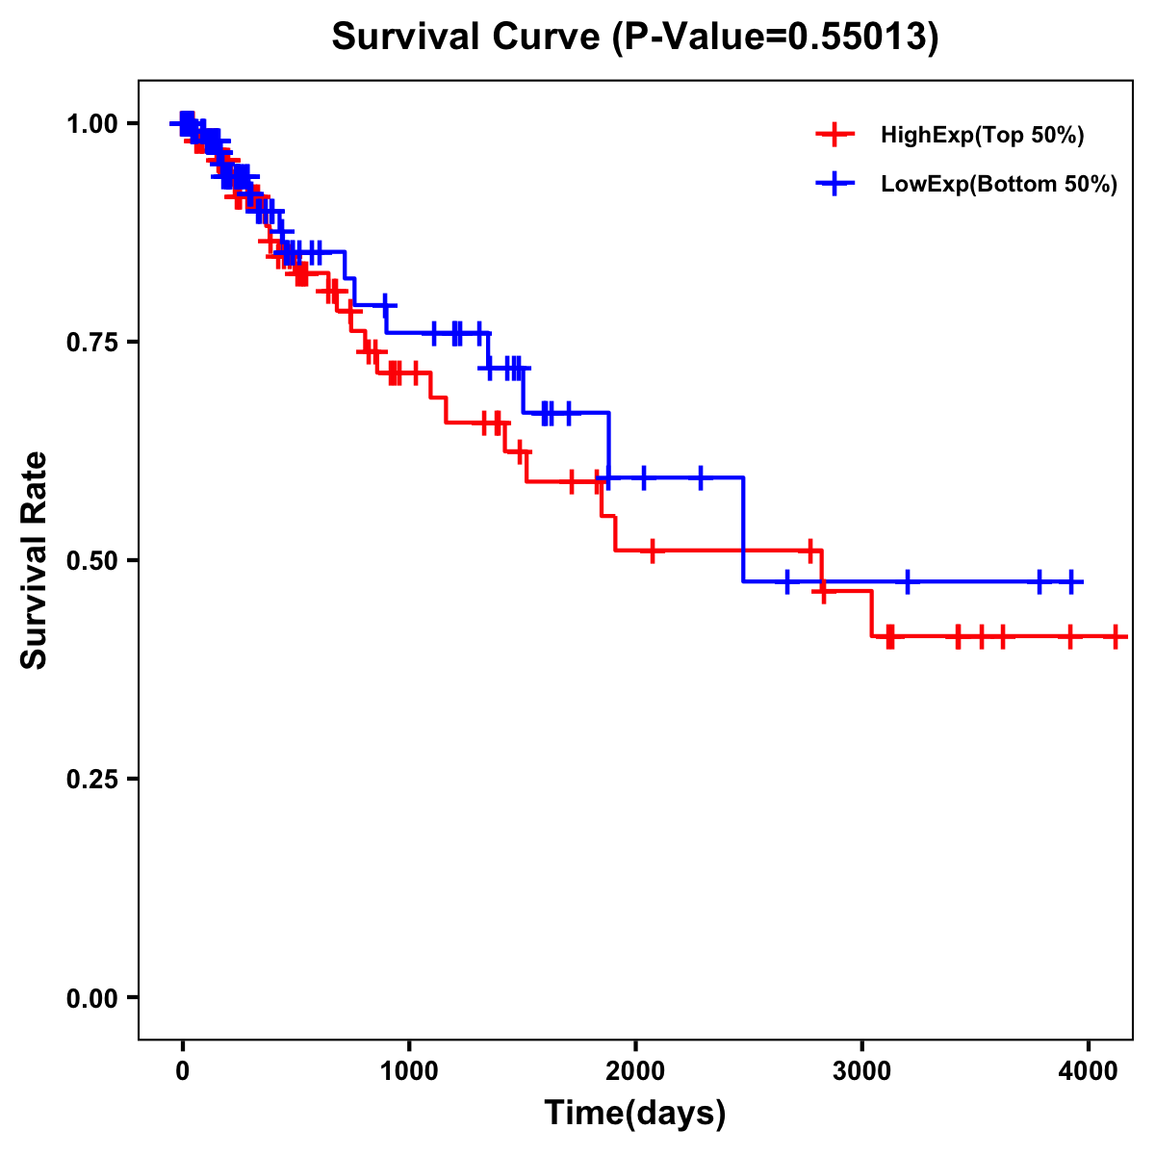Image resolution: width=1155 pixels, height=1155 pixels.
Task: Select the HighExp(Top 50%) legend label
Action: tap(983, 136)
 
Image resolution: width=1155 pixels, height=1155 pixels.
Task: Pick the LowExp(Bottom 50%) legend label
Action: tap(999, 185)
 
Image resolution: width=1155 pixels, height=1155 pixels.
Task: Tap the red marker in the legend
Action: tap(834, 135)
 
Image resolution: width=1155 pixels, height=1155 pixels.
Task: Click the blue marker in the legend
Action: tap(834, 183)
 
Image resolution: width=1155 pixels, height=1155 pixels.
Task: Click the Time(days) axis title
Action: tap(635, 1114)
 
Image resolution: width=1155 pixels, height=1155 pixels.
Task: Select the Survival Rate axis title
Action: tap(35, 560)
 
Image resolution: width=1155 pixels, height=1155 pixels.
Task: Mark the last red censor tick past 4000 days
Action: tap(1115, 636)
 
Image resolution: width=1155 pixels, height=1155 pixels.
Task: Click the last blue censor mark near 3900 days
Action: tap(1071, 581)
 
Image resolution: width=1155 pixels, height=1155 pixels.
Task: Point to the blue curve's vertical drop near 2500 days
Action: tap(743, 529)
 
